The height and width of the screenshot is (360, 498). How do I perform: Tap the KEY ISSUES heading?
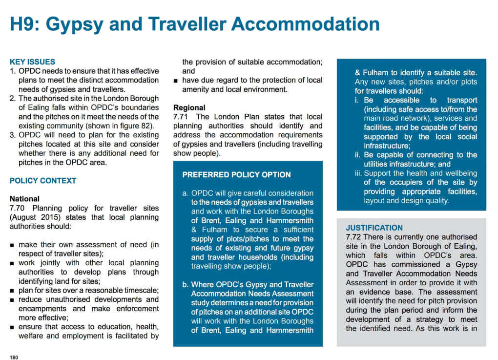[32, 62]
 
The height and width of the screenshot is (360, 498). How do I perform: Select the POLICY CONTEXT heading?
[43, 181]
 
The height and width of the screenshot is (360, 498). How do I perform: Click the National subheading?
[25, 199]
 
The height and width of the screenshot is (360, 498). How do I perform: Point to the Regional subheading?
[189, 107]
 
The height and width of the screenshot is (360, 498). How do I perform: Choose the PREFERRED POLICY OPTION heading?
[236, 175]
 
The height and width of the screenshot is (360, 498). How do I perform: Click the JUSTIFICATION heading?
[374, 228]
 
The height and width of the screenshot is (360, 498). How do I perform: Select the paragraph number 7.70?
[19, 208]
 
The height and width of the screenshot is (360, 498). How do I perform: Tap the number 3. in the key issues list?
[13, 135]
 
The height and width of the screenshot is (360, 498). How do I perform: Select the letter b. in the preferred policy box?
[185, 284]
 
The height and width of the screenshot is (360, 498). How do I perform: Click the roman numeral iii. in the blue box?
[358, 173]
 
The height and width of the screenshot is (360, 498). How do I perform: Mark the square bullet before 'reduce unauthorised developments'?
[13, 300]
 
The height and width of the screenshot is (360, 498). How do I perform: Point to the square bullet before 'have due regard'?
[176, 80]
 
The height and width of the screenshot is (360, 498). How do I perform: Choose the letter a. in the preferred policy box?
[185, 193]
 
